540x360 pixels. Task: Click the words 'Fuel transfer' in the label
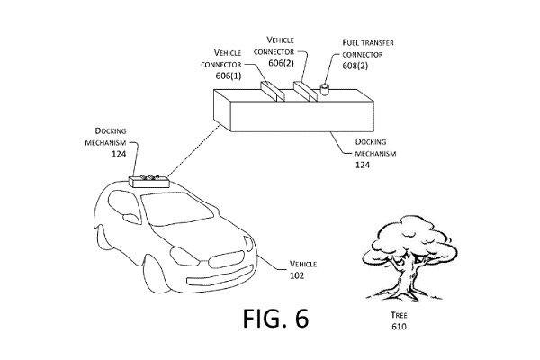click(364, 42)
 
